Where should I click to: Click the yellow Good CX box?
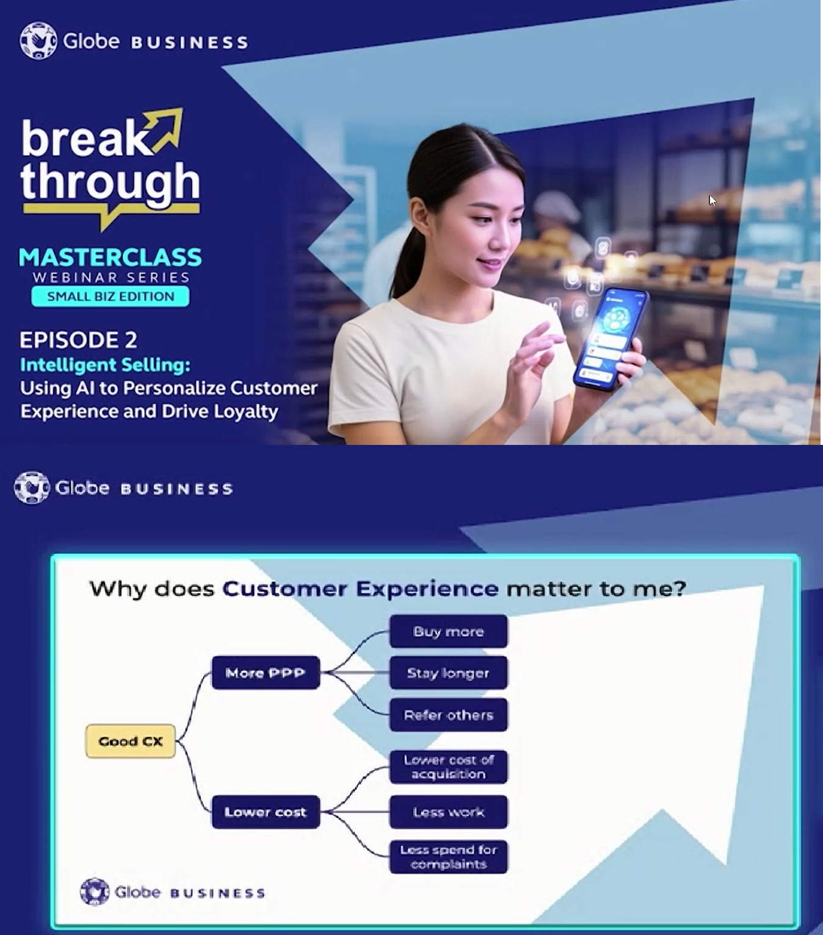click(x=130, y=741)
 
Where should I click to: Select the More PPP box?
click(x=266, y=673)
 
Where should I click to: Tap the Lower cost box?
click(x=266, y=812)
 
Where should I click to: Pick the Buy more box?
click(x=448, y=631)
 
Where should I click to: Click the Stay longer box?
click(x=448, y=673)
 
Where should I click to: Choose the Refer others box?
click(x=448, y=715)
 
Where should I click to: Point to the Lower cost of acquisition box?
click(x=448, y=767)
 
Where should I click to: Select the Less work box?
click(x=448, y=812)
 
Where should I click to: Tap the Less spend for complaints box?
click(x=448, y=857)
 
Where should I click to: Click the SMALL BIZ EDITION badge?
click(x=111, y=297)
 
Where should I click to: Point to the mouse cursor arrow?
click(x=712, y=200)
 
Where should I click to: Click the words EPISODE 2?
click(x=78, y=339)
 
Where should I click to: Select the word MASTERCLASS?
click(x=111, y=258)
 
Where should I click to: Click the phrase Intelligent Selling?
click(x=105, y=365)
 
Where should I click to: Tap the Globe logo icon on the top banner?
click(x=38, y=41)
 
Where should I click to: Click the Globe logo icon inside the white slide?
click(x=95, y=892)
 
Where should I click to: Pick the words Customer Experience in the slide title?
click(x=360, y=588)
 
